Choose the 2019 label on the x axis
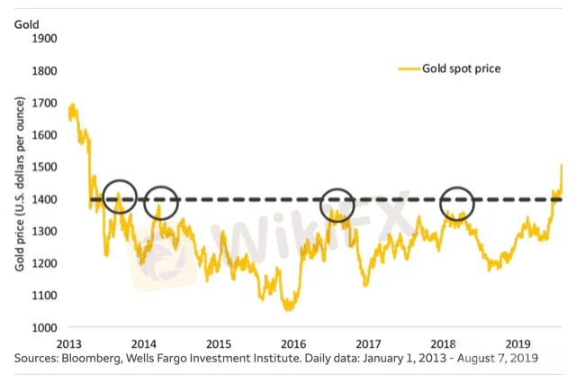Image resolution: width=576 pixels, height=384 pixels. pos(517,343)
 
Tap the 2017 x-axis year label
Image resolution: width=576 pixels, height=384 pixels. pos(368,343)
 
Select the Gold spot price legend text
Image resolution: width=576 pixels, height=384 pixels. pos(462,68)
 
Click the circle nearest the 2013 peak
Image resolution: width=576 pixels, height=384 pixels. pos(119,197)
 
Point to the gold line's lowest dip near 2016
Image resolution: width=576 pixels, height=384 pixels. pos(289,308)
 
